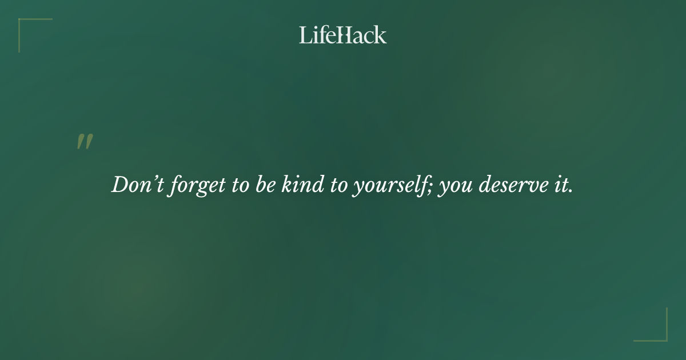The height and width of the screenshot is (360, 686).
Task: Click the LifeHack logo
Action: pyautogui.click(x=343, y=35)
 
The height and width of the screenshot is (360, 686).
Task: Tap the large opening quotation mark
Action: pyautogui.click(x=85, y=142)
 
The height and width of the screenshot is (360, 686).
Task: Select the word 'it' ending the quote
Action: pyautogui.click(x=563, y=185)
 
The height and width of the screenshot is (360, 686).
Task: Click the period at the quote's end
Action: pyautogui.click(x=571, y=191)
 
